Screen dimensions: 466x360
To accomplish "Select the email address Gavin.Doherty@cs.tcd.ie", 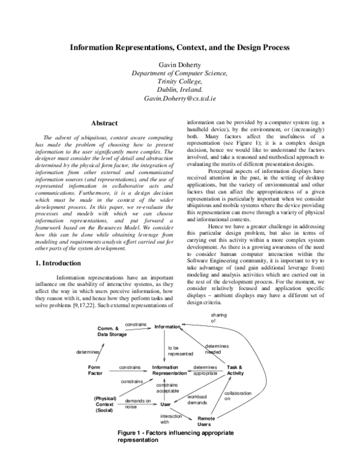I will [x=179, y=98].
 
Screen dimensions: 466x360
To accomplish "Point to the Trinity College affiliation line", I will [x=179, y=80].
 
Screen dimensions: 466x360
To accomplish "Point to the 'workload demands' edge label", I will [x=197, y=399].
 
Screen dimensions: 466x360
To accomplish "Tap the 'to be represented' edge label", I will [x=179, y=351].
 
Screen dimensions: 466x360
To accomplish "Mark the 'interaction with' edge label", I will [x=170, y=419].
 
